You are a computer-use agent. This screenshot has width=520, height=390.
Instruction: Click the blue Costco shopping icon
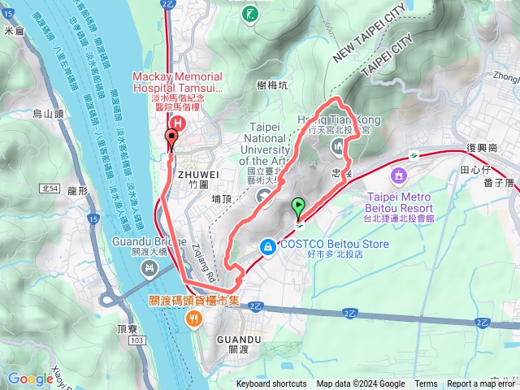pos(267,245)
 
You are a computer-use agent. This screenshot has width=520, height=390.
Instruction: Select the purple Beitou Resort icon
pos(399,175)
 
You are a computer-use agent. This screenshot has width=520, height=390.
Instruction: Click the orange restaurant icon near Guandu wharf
pos(193,318)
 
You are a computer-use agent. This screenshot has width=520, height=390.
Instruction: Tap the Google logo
pos(30,378)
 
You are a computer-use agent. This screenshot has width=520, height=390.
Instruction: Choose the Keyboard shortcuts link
pos(271,384)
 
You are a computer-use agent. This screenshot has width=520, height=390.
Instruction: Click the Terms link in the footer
pos(426,384)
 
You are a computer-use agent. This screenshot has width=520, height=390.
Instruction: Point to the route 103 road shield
pos(136,339)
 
